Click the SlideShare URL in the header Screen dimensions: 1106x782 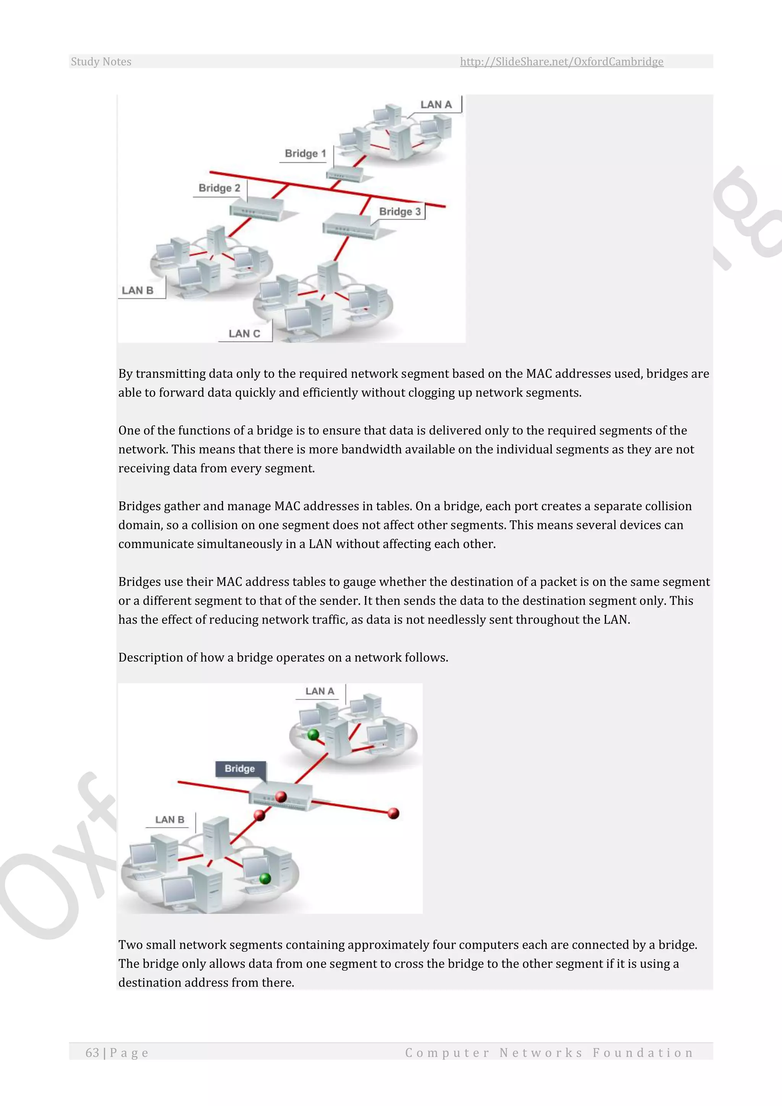pos(561,61)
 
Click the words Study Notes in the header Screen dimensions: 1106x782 pos(101,61)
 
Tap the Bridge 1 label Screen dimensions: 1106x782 pos(305,154)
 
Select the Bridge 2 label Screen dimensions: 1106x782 pos(219,188)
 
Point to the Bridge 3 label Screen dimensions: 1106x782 pos(400,212)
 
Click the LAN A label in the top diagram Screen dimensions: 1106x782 pos(436,105)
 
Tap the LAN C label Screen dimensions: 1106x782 pos(244,333)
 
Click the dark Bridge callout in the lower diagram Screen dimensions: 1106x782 pos(239,768)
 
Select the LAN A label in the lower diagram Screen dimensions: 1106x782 pos(319,691)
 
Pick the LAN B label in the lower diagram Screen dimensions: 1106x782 pos(170,820)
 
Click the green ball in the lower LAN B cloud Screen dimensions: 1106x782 pos(265,878)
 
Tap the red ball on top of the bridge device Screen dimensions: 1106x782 pos(281,797)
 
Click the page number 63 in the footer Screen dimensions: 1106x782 pos(92,1053)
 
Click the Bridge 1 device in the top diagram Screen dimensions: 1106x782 pos(344,174)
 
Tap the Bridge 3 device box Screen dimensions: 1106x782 pos(348,225)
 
